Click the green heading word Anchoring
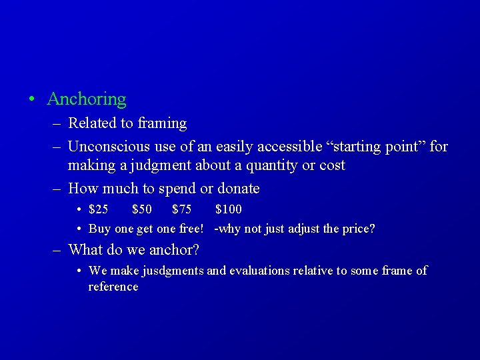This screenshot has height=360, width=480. (87, 99)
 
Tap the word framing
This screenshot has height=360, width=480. (162, 123)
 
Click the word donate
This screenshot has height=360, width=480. (236, 189)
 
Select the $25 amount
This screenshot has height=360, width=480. (98, 209)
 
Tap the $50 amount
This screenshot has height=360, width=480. (142, 209)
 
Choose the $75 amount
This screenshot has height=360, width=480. (181, 209)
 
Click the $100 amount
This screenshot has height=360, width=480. (228, 209)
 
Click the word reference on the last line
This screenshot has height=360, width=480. (113, 287)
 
